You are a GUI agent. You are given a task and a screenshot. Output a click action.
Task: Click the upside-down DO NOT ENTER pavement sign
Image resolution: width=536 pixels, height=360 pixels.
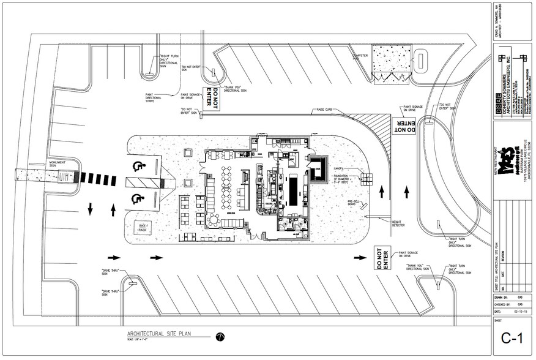(403, 126)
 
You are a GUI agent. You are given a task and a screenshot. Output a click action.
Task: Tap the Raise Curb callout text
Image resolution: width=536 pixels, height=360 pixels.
(326, 110)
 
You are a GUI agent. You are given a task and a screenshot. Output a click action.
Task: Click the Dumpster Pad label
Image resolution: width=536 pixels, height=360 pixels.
(363, 57)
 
